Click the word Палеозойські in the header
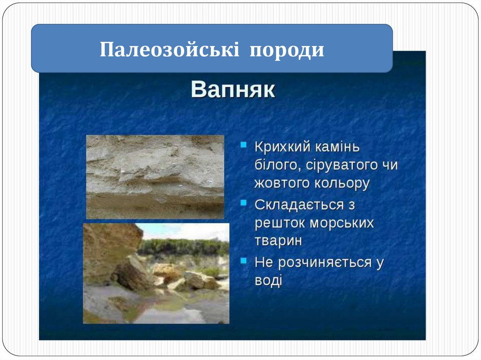tap(169, 49)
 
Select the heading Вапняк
tap(233, 90)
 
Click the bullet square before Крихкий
tap(244, 145)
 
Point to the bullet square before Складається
tap(244, 202)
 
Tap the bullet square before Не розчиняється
tap(244, 260)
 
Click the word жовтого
tap(282, 183)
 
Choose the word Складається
tap(299, 205)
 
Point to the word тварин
tap(278, 241)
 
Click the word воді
tap(268, 281)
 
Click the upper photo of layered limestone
tap(155, 176)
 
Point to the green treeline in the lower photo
tap(184, 247)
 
